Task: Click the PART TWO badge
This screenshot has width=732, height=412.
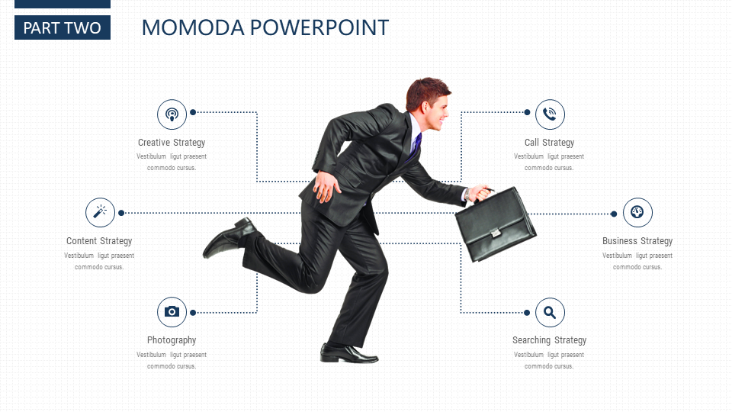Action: [63, 27]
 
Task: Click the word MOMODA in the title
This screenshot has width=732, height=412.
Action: [193, 27]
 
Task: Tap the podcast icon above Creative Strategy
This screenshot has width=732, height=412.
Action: [172, 114]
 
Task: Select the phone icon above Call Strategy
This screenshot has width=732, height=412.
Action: [550, 114]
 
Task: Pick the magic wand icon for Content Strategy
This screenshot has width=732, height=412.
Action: [100, 213]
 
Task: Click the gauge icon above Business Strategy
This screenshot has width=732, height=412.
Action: [637, 213]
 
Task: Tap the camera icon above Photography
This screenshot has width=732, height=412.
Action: [172, 312]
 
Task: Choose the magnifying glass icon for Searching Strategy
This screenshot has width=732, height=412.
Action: [550, 313]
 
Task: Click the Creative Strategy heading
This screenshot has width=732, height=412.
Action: [172, 143]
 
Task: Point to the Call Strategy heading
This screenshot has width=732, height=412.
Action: [550, 143]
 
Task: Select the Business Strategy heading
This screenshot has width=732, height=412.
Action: [637, 241]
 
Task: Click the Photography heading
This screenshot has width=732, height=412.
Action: [172, 340]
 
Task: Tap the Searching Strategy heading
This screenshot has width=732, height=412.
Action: [550, 340]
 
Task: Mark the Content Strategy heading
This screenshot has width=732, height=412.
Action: [99, 241]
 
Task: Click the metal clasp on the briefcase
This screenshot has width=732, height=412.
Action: [496, 232]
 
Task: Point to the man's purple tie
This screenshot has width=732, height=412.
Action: [416, 145]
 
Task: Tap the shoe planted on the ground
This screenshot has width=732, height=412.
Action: [348, 353]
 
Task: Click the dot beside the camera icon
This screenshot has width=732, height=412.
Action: [193, 313]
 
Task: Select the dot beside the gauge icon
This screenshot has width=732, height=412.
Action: [614, 214]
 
